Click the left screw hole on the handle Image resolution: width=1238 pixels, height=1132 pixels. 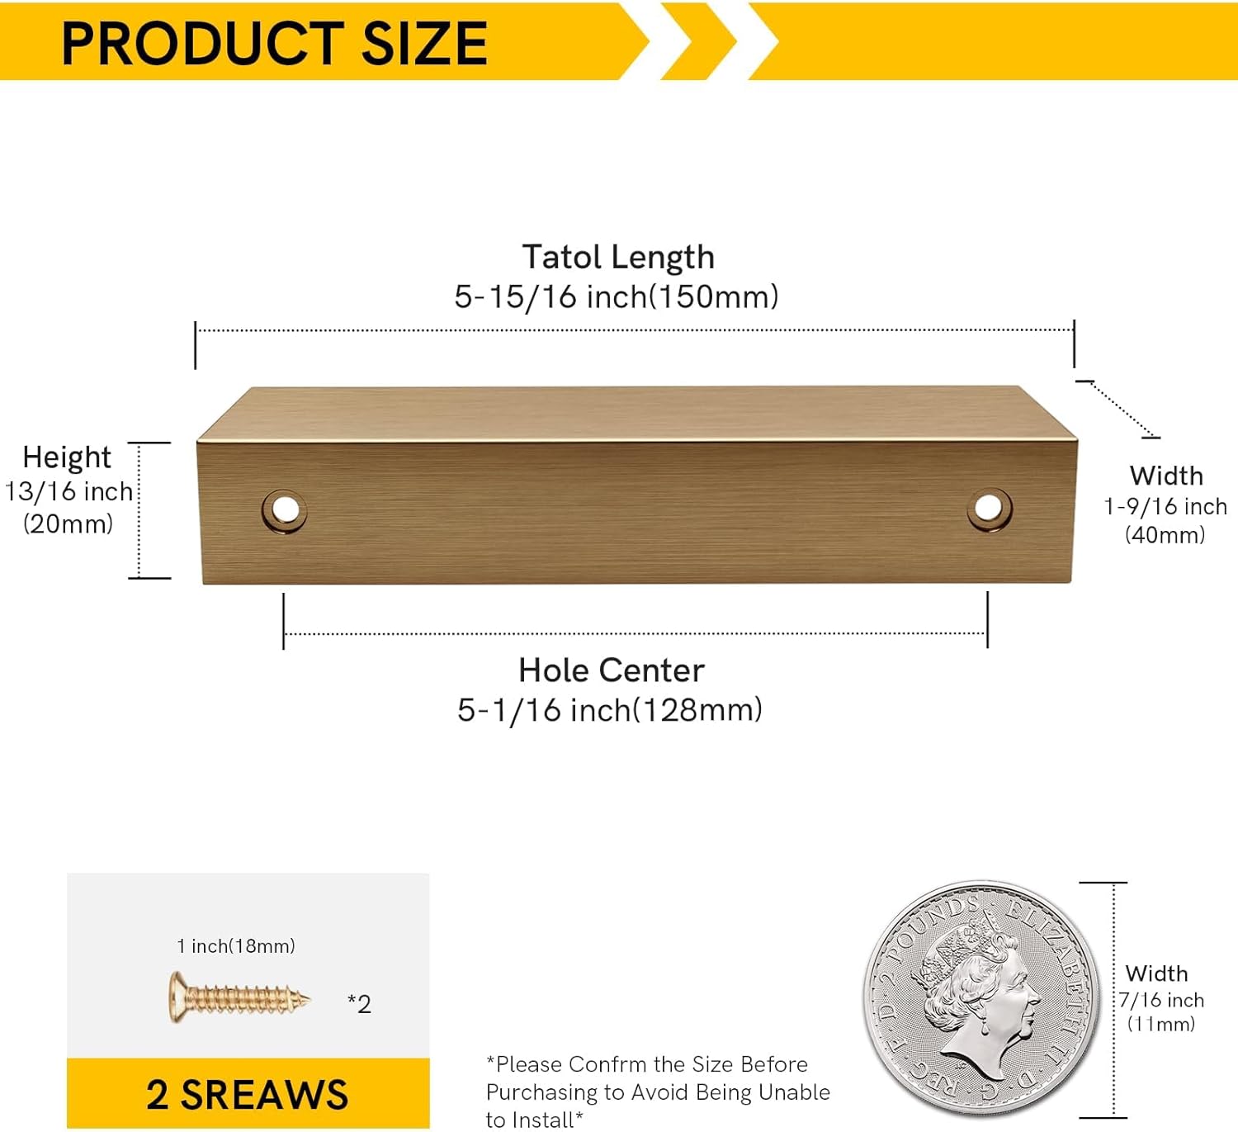(285, 510)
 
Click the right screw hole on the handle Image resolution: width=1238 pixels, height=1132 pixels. (989, 508)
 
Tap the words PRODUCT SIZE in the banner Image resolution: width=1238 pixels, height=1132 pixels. (274, 43)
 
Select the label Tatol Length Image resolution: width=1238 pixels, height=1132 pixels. (618, 257)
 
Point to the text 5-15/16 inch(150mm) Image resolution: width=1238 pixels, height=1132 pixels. (617, 296)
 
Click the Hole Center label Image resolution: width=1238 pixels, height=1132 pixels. (612, 670)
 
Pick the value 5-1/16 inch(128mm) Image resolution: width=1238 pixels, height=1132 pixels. (610, 710)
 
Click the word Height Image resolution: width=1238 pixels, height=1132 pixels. (67, 457)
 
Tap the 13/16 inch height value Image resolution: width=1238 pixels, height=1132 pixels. (69, 491)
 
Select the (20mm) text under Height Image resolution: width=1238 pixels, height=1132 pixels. (69, 523)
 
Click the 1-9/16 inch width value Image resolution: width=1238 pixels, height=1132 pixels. (1165, 506)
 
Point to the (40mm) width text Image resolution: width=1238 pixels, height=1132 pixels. (1165, 535)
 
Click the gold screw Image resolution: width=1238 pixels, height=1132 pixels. (239, 999)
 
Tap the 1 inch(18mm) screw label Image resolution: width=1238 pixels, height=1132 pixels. (236, 946)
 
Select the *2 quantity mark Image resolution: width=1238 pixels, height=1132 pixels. (359, 1004)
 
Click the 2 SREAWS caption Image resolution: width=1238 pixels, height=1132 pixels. (248, 1095)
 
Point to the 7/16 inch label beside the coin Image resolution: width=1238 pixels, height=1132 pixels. (1162, 1000)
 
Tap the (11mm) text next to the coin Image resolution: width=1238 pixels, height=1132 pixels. (1161, 1024)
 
